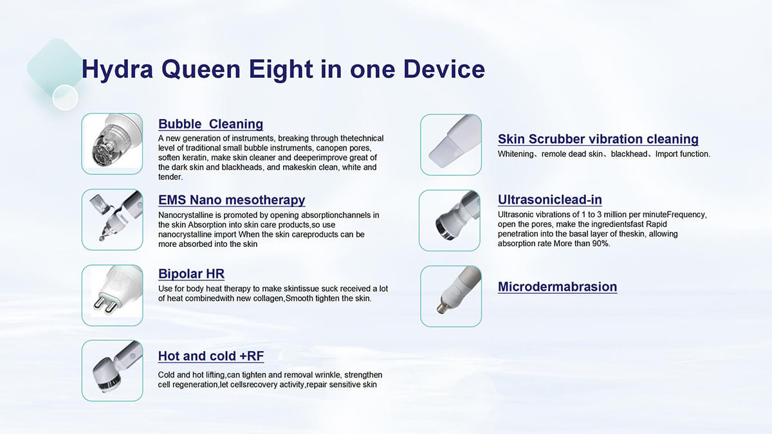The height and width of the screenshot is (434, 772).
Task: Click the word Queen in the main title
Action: pyautogui.click(x=201, y=70)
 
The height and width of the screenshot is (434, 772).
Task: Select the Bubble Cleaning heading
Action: pyautogui.click(x=210, y=124)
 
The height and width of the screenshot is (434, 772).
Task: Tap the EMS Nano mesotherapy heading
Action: pyautogui.click(x=232, y=200)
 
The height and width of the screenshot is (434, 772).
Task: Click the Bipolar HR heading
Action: pyautogui.click(x=191, y=274)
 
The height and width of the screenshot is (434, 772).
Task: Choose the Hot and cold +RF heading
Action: pyautogui.click(x=211, y=356)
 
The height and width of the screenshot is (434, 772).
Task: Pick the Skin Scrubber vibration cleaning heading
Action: pyautogui.click(x=598, y=139)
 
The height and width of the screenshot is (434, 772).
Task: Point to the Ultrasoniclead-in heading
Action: pyautogui.click(x=549, y=199)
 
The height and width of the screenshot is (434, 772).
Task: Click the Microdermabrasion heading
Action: pyautogui.click(x=557, y=287)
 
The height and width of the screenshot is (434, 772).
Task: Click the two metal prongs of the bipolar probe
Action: pyautogui.click(x=105, y=305)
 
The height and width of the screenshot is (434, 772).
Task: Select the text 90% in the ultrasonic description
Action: pyautogui.click(x=600, y=244)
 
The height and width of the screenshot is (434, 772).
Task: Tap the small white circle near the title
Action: pyautogui.click(x=65, y=98)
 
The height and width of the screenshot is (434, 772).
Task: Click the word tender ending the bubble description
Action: pyautogui.click(x=169, y=177)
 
